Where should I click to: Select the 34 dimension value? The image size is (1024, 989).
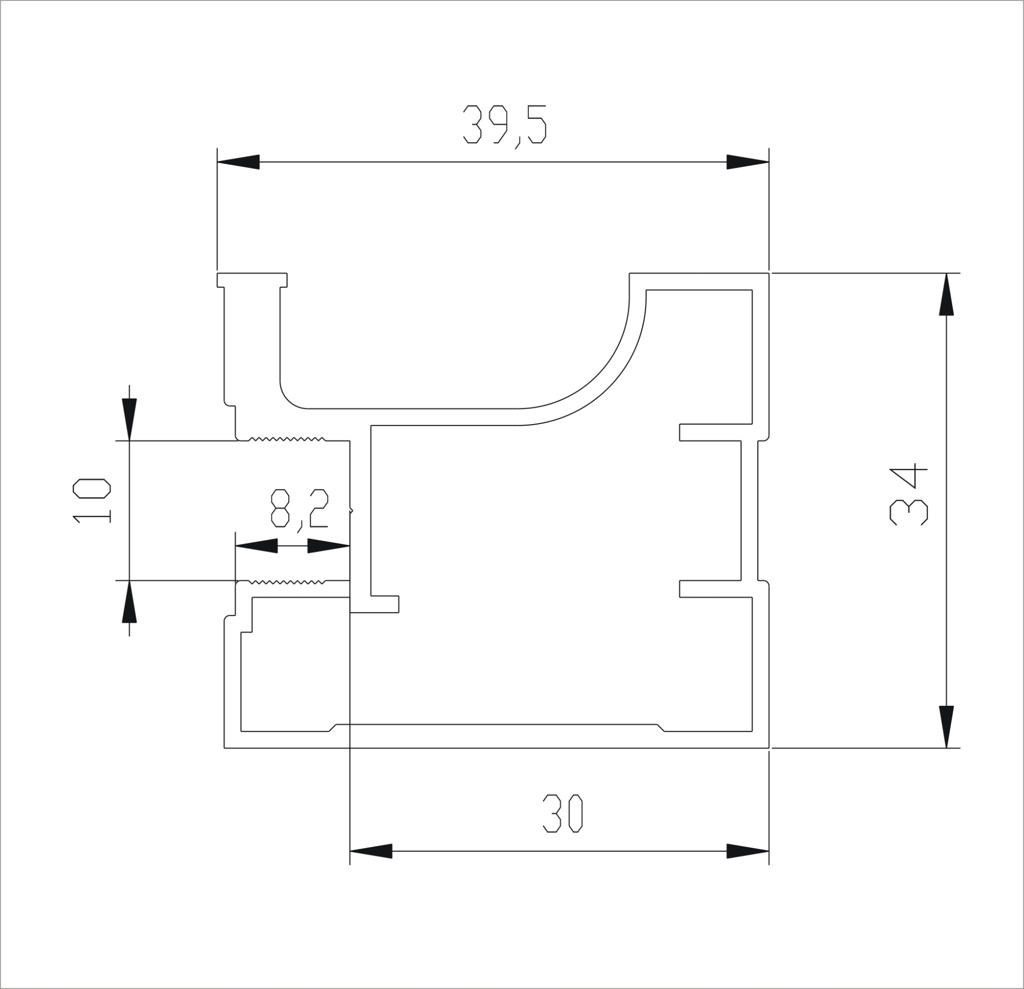point(908,493)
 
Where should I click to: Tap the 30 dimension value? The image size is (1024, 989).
point(562,813)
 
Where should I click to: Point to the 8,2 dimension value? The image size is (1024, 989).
point(300,510)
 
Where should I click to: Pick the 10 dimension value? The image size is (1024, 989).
point(92,501)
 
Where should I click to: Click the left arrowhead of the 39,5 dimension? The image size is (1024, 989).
point(238,162)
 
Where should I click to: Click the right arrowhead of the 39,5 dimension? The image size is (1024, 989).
point(748,162)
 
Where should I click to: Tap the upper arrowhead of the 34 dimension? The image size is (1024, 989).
point(946,294)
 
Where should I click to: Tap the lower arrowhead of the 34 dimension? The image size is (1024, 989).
point(946,727)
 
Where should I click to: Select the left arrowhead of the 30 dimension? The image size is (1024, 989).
point(370,851)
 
